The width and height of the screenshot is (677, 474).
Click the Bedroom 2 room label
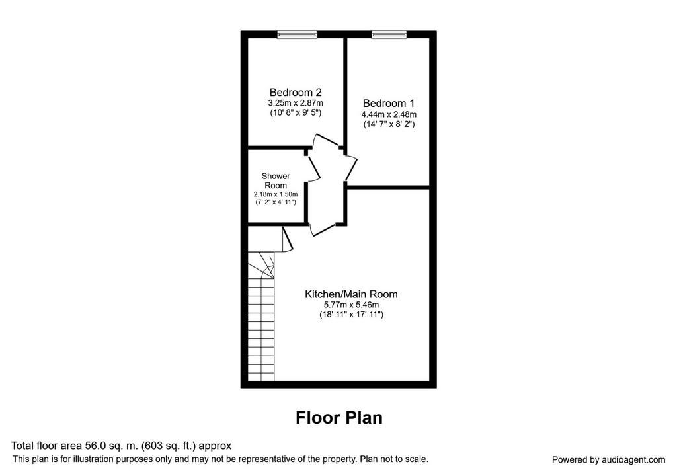pos(296,93)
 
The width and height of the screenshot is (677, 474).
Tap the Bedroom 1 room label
pos(389,104)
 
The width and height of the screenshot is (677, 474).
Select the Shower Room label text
pos(276,181)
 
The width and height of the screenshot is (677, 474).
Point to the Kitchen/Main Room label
pos(351,294)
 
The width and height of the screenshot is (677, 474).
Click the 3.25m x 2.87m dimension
pos(296,104)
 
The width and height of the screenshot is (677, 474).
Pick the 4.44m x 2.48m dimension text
pos(389,115)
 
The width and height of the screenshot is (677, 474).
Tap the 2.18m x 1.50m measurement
pos(276,195)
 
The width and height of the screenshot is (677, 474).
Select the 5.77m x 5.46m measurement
pos(351,305)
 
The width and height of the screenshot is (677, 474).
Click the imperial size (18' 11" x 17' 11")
pos(351,315)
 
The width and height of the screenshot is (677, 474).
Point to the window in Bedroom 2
pos(297,34)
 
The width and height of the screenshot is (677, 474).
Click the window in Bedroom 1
pos(389,34)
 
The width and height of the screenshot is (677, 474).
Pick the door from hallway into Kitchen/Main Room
pos(323,229)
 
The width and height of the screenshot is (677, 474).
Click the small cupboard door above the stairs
pos(288,239)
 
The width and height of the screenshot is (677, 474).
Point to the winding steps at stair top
pos(260,265)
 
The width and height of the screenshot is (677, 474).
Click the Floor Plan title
pos(339,418)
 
